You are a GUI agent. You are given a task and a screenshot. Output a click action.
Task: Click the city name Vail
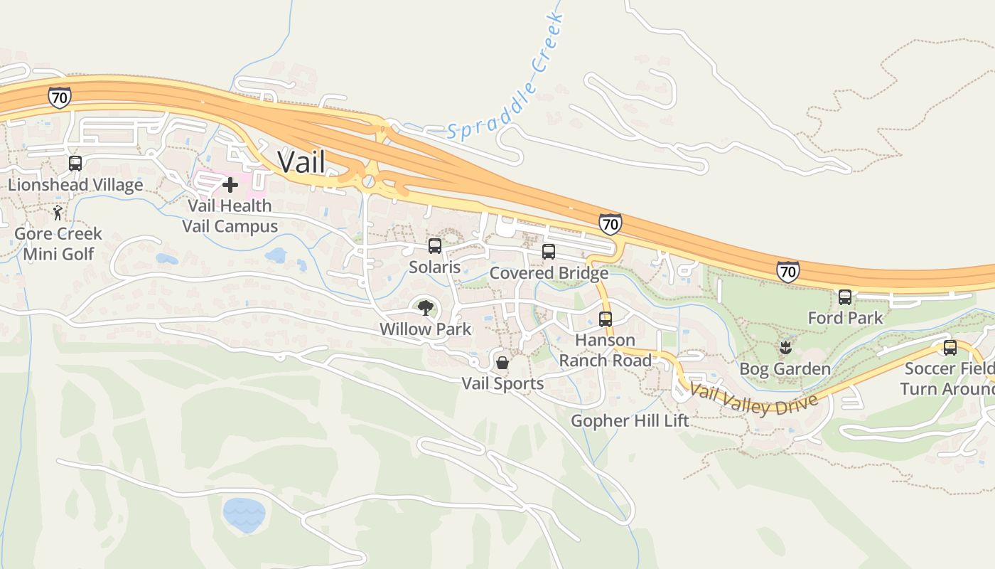click(301, 161)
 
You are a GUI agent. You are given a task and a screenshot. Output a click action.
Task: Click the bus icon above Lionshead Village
click(75, 164)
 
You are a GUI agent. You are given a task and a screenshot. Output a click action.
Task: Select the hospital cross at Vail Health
click(230, 185)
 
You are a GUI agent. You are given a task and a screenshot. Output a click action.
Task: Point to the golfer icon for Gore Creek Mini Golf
click(58, 213)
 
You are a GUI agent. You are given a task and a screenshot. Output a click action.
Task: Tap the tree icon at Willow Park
click(426, 308)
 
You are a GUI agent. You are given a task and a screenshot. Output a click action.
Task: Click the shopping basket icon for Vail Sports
click(502, 363)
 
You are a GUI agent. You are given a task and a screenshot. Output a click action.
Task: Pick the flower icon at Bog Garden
click(785, 348)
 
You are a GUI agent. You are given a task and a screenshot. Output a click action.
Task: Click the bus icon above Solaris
click(435, 246)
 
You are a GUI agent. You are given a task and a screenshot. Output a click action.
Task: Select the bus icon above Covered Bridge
click(549, 251)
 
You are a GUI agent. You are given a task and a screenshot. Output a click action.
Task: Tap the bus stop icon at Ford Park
click(845, 297)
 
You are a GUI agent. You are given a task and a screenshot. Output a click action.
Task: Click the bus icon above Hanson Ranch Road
click(606, 319)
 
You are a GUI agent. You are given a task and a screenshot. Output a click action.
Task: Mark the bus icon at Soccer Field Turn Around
click(950, 348)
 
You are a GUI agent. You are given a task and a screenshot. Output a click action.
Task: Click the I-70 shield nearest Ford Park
click(787, 271)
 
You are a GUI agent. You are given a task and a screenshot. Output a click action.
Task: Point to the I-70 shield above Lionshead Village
click(60, 97)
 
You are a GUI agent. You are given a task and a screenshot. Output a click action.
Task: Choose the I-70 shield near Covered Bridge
click(610, 224)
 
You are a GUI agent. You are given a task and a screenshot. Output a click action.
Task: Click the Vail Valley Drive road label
click(754, 399)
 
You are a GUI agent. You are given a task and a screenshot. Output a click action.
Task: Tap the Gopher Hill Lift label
click(630, 420)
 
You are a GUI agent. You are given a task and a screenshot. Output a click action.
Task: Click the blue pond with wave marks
click(244, 514)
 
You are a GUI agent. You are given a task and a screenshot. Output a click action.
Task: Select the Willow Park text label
click(425, 329)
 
